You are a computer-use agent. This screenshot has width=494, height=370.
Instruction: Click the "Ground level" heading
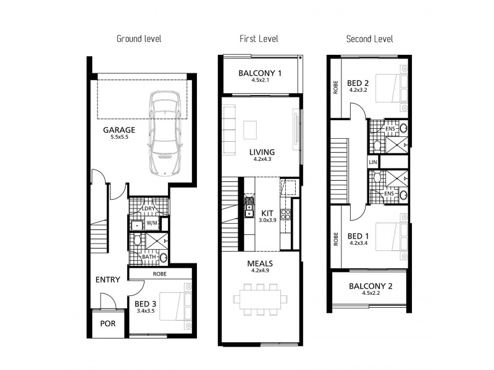[139, 39]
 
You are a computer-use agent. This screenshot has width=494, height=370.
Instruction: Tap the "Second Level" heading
[369, 39]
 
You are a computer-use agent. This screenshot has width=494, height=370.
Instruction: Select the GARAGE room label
[119, 129]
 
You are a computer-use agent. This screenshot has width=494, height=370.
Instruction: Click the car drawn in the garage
[165, 133]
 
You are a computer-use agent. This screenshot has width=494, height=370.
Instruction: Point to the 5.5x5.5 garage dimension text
[119, 137]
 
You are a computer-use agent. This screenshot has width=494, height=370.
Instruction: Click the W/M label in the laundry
[151, 223]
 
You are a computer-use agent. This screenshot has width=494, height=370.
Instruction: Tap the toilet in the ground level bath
[137, 239]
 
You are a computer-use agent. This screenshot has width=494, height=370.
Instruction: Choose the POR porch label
[107, 323]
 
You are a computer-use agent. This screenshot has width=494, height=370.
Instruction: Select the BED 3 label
[145, 304]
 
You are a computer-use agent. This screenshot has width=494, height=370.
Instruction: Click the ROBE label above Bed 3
[160, 274]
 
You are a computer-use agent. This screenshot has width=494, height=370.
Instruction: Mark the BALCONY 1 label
[260, 73]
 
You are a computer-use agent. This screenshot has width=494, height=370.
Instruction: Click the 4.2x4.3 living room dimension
[262, 159]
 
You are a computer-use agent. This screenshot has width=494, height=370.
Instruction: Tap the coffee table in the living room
[250, 130]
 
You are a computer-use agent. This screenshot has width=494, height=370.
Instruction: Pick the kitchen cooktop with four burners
[286, 215]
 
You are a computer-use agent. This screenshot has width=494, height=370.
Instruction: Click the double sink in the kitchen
[249, 210]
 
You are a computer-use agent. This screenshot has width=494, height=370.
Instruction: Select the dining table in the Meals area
[260, 299]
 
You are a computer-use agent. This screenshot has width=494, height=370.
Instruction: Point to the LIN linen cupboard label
[373, 162]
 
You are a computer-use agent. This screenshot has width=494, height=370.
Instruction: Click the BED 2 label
[358, 83]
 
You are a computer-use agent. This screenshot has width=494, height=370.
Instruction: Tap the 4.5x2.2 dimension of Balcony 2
[371, 293]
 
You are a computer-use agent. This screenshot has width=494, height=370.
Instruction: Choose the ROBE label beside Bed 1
[336, 239]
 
